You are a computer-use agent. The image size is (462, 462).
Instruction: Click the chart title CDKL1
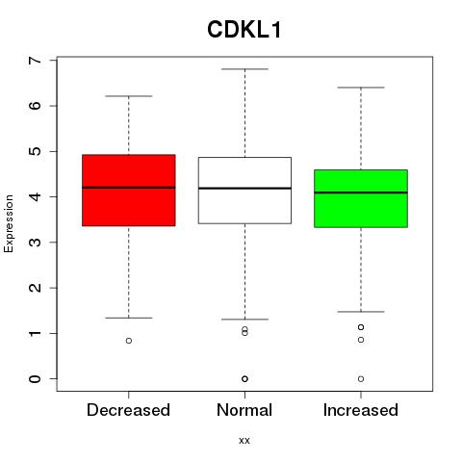[244, 30]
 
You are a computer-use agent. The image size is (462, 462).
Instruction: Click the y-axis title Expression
[9, 223]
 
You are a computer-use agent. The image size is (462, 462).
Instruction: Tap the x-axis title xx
[244, 440]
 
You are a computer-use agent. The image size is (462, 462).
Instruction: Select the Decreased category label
[128, 410]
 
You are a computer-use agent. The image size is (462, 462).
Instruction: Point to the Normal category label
[244, 410]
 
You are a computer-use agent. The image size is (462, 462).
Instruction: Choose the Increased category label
[361, 410]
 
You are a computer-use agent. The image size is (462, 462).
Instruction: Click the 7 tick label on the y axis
[35, 61]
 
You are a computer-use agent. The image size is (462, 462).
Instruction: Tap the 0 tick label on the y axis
[35, 379]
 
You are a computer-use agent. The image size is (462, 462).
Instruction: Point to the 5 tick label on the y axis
[35, 151]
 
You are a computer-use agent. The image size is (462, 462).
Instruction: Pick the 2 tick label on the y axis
[35, 288]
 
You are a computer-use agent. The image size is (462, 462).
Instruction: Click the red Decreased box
[129, 191]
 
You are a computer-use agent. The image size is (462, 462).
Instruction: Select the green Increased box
[361, 198]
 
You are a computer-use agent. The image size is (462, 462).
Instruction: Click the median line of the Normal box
[244, 189]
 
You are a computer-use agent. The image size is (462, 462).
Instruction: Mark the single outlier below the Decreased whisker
[129, 341]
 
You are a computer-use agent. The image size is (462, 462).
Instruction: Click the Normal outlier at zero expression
[244, 379]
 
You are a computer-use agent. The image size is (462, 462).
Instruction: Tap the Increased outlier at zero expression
[361, 379]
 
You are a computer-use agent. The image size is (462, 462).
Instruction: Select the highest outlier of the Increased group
[361, 327]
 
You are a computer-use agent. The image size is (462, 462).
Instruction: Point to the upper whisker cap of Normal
[244, 69]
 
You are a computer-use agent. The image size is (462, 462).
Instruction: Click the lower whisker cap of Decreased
[129, 318]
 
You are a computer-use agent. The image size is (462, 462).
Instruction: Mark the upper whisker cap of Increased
[361, 88]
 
